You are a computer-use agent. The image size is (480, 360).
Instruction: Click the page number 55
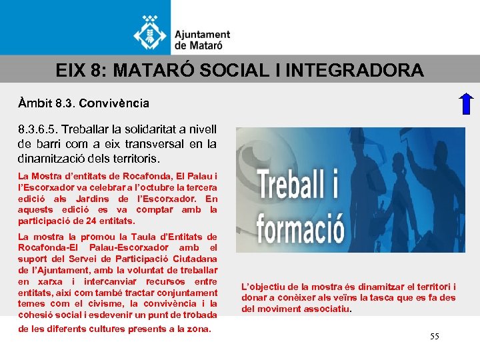point(434,337)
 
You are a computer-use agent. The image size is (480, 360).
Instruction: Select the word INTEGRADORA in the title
point(358,69)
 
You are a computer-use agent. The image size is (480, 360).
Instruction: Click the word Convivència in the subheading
point(114,104)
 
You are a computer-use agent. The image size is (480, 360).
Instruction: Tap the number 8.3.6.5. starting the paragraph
point(37,129)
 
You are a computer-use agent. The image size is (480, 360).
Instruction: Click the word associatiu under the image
point(325,309)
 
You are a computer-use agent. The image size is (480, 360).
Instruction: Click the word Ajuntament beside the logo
point(202,35)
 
